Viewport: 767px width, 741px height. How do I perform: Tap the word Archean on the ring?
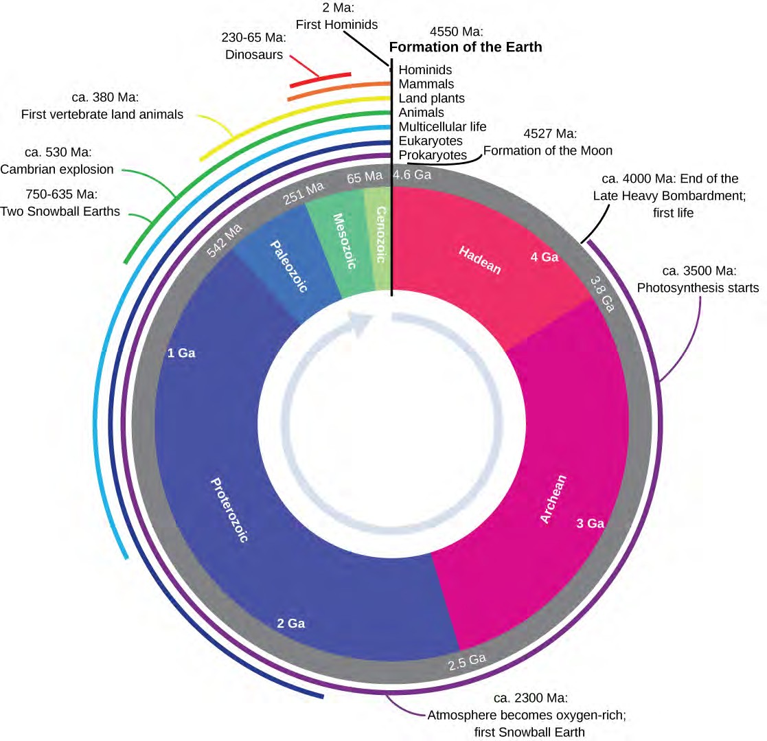pyautogui.click(x=554, y=499)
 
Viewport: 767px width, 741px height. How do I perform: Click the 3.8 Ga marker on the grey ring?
pyautogui.click(x=602, y=293)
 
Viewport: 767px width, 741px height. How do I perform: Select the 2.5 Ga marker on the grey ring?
pyautogui.click(x=467, y=661)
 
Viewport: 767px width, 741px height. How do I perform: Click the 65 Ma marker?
pyautogui.click(x=365, y=177)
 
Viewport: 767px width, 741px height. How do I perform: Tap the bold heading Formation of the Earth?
pyautogui.click(x=466, y=47)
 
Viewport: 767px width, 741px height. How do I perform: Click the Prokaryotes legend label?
pyautogui.click(x=433, y=155)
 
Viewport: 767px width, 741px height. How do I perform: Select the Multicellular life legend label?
pyautogui.click(x=442, y=126)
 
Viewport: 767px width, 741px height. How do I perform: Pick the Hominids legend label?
pyautogui.click(x=425, y=70)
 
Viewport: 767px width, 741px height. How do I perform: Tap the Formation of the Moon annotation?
pyautogui.click(x=548, y=150)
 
